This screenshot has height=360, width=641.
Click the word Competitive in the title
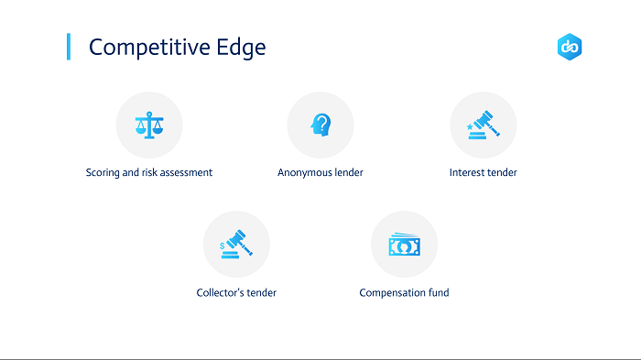pyautogui.click(x=149, y=48)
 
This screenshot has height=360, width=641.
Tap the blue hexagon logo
pyautogui.click(x=570, y=47)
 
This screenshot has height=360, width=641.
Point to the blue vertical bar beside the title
pyautogui.click(x=69, y=47)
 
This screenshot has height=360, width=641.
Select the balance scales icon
pyautogui.click(x=149, y=125)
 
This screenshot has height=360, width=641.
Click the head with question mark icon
pyautogui.click(x=320, y=125)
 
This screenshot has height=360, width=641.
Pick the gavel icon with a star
pyautogui.click(x=483, y=125)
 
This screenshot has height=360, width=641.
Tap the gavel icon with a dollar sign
pyautogui.click(x=236, y=245)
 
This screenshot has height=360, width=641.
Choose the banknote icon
pyautogui.click(x=405, y=245)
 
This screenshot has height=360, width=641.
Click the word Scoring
pyautogui.click(x=103, y=173)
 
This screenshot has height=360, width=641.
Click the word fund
pyautogui.click(x=439, y=292)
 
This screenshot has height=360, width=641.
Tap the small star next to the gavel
pyautogui.click(x=470, y=126)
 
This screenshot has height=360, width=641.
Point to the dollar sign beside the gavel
pyautogui.click(x=222, y=245)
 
